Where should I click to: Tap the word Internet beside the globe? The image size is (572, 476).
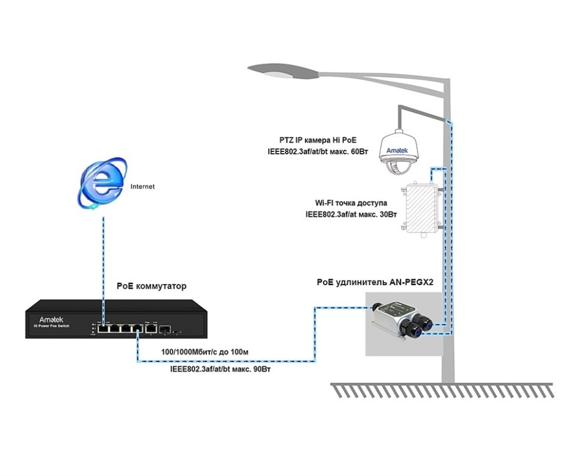(142, 186)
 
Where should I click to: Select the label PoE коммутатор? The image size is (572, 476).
(152, 286)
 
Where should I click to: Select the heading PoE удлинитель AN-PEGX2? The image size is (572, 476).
(375, 282)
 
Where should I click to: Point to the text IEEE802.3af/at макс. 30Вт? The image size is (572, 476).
(342, 215)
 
